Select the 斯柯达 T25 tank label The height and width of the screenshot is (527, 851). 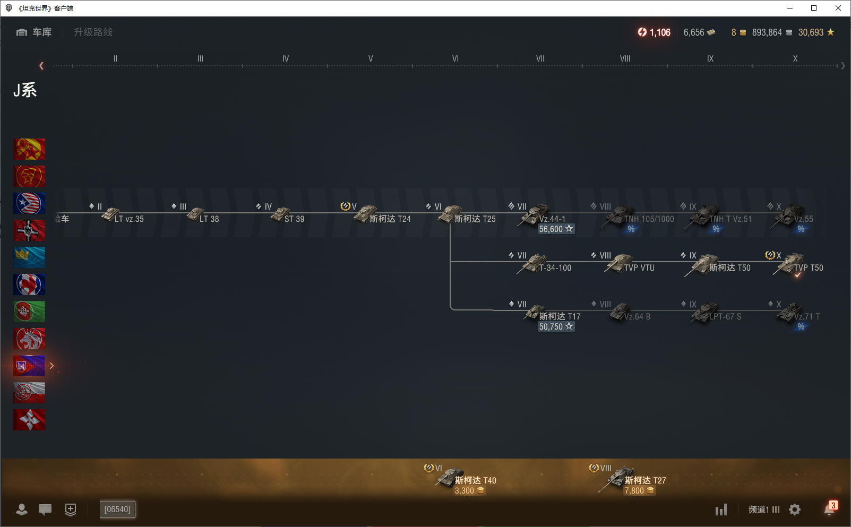pyautogui.click(x=475, y=219)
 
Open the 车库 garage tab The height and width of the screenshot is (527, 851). pyautogui.click(x=35, y=32)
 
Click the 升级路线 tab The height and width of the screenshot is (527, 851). pyautogui.click(x=93, y=32)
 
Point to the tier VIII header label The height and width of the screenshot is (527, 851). pyautogui.click(x=625, y=58)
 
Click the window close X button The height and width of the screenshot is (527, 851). pyautogui.click(x=838, y=8)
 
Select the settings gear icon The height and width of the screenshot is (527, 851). pyautogui.click(x=795, y=509)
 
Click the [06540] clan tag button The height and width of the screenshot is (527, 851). pyautogui.click(x=117, y=509)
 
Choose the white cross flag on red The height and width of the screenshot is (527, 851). pyautogui.click(x=29, y=420)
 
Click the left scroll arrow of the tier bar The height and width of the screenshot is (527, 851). pyautogui.click(x=41, y=66)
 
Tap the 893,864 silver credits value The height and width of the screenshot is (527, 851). pyautogui.click(x=767, y=32)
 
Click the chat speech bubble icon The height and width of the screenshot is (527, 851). pyautogui.click(x=45, y=509)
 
